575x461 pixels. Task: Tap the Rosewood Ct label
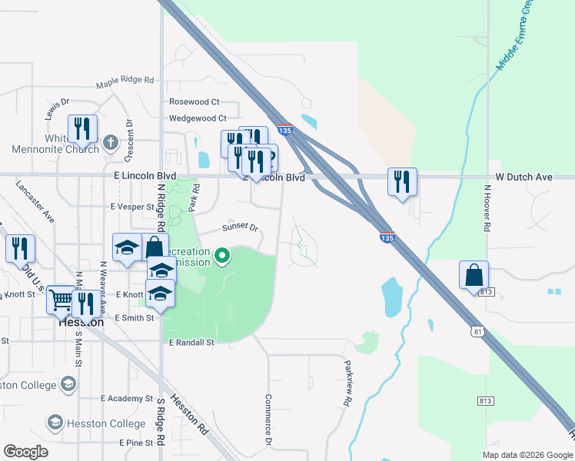pos(194,101)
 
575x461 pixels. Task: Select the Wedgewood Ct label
pos(198,118)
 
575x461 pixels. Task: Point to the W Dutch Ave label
pos(523,177)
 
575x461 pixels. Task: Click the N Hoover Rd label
pos(487,207)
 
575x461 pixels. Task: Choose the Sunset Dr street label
pos(241,227)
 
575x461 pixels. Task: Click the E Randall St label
pos(191,342)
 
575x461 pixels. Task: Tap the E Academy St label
pos(127,399)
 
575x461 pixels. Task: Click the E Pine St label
pos(136,443)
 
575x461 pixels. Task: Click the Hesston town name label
pos(81,323)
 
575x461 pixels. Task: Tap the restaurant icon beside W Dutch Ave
pos(402,182)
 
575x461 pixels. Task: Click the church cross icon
pos(111,142)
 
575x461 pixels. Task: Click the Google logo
pos(25,452)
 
